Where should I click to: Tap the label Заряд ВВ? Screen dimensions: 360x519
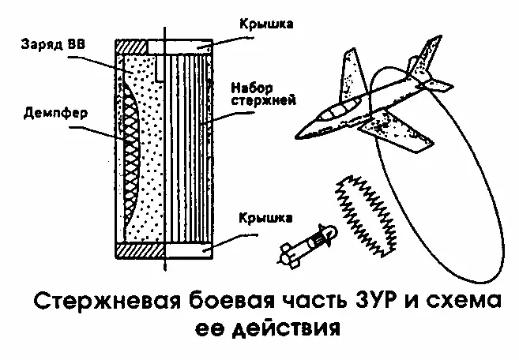pyautogui.click(x=44, y=41)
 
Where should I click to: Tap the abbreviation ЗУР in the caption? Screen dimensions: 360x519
pyautogui.click(x=371, y=302)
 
